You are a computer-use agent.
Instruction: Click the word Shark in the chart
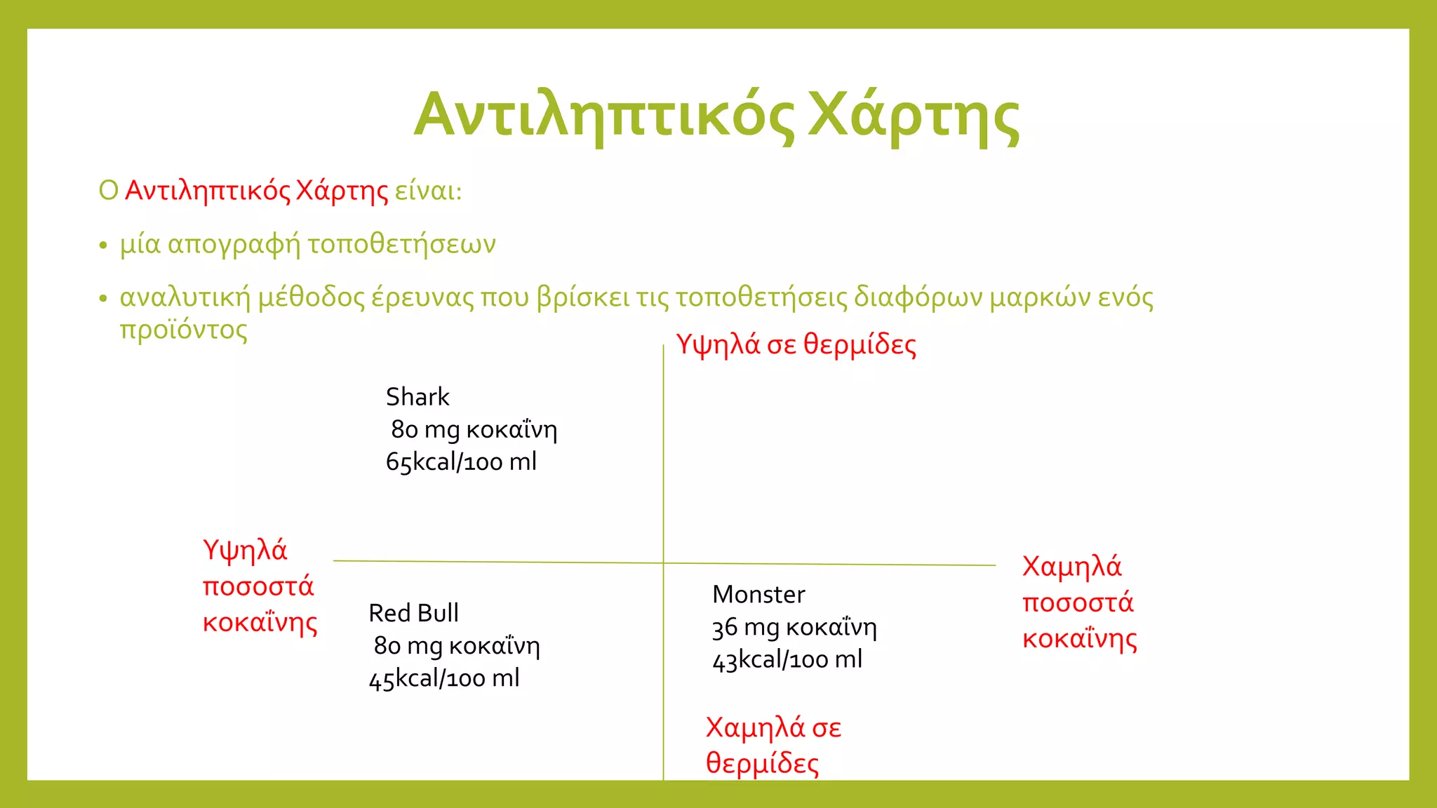[417, 397]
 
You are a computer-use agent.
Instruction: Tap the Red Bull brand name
[413, 613]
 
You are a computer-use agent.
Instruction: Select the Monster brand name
[758, 595]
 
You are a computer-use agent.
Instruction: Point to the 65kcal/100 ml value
[461, 462]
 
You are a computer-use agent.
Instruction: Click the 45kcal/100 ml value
[444, 678]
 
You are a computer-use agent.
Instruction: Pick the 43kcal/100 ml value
[787, 660]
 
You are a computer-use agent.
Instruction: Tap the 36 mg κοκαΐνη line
[794, 627]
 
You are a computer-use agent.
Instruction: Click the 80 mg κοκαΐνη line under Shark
[474, 429]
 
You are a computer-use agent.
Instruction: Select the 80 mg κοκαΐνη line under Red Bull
[457, 645]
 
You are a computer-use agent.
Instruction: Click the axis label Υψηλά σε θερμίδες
[796, 345]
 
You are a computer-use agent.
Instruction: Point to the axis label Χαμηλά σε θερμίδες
[773, 745]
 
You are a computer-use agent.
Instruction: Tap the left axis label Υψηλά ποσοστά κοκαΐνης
[260, 586]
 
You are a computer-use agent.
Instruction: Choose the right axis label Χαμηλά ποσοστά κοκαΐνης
[1079, 602]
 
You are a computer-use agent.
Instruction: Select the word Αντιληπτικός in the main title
[603, 115]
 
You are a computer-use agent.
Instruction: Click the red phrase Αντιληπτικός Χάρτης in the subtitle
[256, 191]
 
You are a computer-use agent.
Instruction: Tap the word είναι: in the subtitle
[428, 191]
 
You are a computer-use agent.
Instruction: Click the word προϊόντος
[184, 330]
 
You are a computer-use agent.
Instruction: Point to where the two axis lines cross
[663, 563]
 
